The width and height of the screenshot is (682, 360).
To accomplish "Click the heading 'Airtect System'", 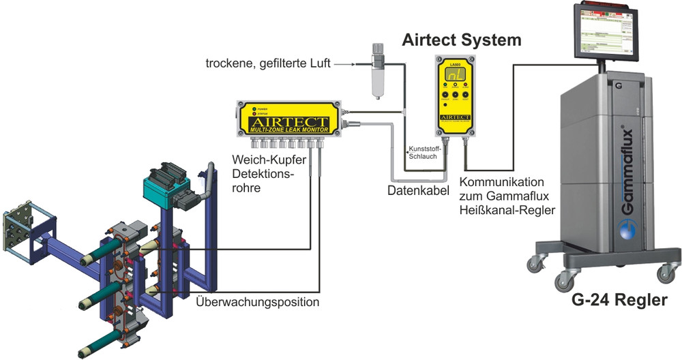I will click(462, 40).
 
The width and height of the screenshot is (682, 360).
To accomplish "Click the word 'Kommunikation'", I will click(501, 183).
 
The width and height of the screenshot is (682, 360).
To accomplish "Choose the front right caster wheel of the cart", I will click(665, 273).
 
